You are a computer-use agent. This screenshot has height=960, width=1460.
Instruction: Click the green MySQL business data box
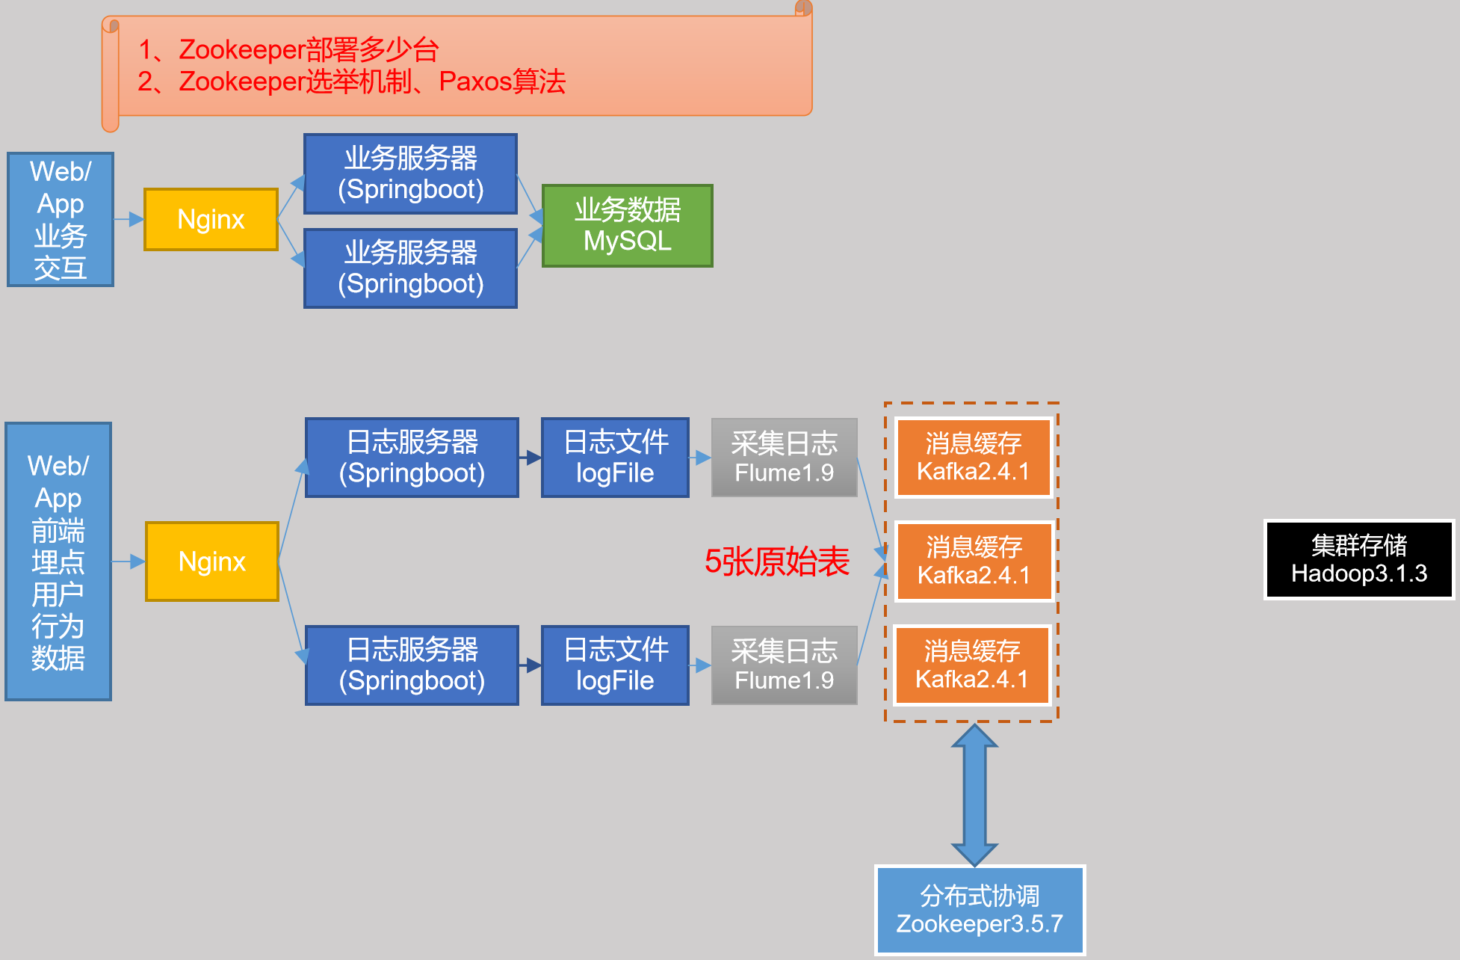pyautogui.click(x=627, y=225)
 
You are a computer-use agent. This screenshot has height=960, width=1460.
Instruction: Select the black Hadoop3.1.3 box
pyautogui.click(x=1358, y=559)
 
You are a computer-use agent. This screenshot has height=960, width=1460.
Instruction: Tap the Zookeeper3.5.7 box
pyautogui.click(x=979, y=910)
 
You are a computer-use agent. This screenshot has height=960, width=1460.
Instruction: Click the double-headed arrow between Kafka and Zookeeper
pyautogui.click(x=974, y=794)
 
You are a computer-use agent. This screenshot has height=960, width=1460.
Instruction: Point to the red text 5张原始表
pyautogui.click(x=776, y=561)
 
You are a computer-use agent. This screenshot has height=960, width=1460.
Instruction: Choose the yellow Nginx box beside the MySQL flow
pyautogui.click(x=211, y=219)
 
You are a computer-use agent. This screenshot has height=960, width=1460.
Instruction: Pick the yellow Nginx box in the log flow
pyautogui.click(x=211, y=561)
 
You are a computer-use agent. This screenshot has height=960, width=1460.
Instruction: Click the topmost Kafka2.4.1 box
pyautogui.click(x=973, y=458)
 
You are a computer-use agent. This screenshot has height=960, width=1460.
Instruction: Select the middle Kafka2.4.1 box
pyautogui.click(x=974, y=561)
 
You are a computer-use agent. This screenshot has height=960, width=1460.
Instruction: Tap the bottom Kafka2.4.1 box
pyautogui.click(x=972, y=665)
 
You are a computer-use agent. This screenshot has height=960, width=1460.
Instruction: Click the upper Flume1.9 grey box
pyautogui.click(x=784, y=458)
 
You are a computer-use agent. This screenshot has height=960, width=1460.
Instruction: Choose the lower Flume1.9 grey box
pyautogui.click(x=784, y=665)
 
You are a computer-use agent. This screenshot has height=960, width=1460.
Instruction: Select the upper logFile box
pyautogui.click(x=615, y=458)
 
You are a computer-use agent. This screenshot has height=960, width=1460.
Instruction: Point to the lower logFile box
pyautogui.click(x=615, y=665)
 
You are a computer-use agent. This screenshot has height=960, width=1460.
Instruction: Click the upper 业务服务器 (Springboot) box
pyautogui.click(x=410, y=173)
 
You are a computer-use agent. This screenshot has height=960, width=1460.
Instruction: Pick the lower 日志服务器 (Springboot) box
pyautogui.click(x=412, y=665)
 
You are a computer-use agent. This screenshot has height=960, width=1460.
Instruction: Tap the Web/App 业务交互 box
pyautogui.click(x=61, y=219)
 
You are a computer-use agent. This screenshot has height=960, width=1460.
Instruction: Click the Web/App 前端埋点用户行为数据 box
pyautogui.click(x=58, y=561)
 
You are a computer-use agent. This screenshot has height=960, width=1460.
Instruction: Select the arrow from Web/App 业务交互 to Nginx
pyautogui.click(x=129, y=219)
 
